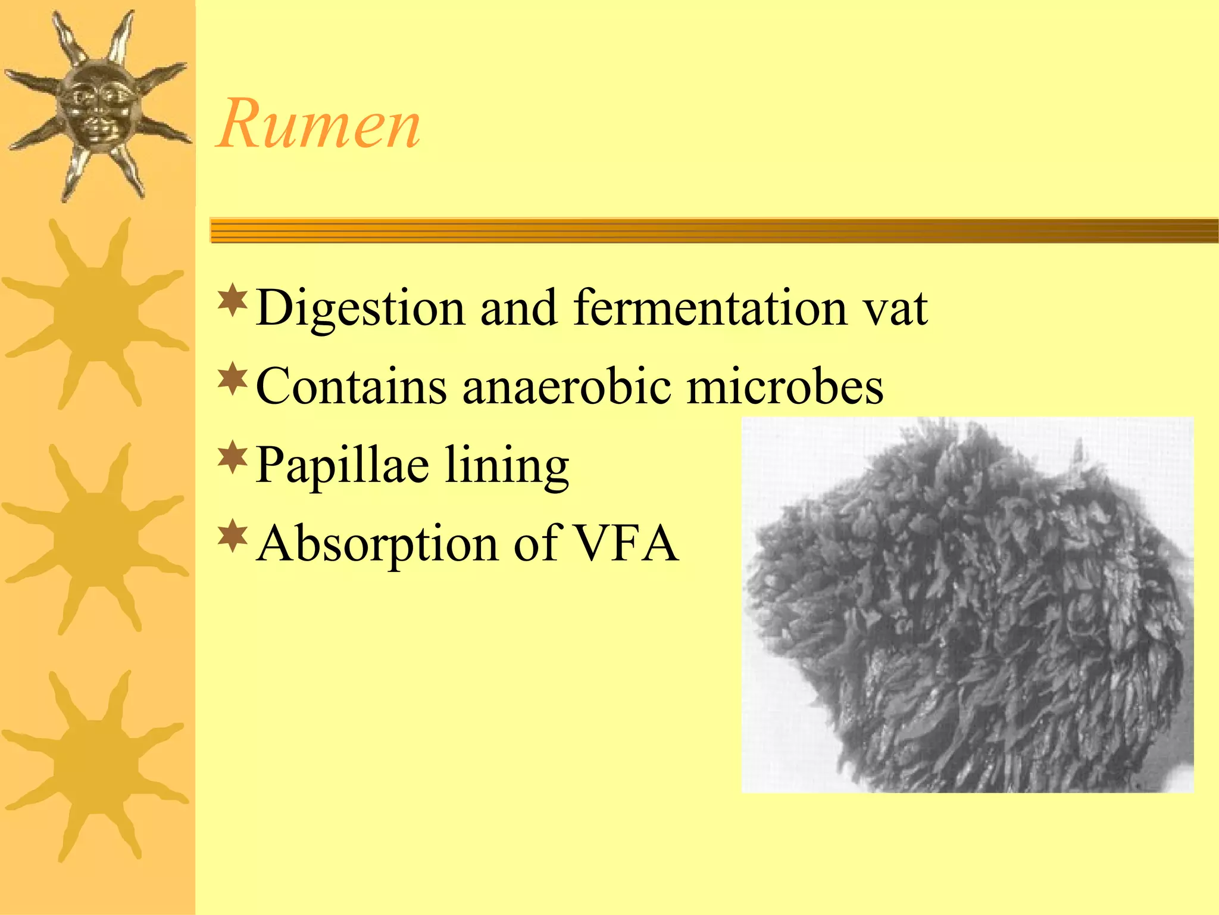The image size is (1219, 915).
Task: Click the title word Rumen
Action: point(319,125)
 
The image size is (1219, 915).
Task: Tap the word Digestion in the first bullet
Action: point(360,309)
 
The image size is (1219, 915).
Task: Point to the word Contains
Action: point(351,387)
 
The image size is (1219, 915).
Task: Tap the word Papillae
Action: point(342,466)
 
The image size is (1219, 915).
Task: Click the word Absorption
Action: point(377,543)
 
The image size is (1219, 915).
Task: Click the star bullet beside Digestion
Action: point(233,301)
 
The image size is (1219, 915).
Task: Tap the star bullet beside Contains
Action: point(233,379)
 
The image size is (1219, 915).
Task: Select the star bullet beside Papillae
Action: point(233,457)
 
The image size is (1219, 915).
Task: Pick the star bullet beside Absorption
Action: point(233,536)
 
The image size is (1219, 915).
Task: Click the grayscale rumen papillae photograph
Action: point(967,605)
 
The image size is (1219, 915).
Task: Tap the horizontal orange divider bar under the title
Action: point(714,231)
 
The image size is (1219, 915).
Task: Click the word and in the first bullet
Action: point(518,309)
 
